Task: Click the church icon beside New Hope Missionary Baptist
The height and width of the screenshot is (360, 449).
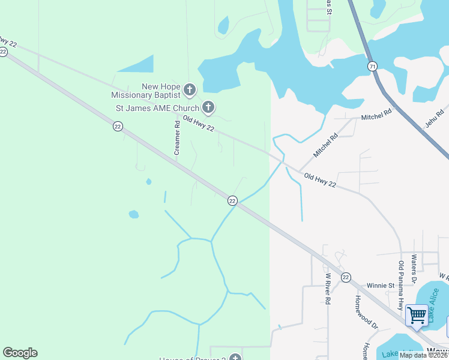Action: click(x=190, y=90)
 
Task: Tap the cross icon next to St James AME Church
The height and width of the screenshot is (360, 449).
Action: click(x=208, y=108)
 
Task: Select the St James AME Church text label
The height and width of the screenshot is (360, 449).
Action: click(x=158, y=109)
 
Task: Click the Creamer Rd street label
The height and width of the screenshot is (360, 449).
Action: click(x=177, y=138)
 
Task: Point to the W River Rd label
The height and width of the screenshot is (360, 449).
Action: click(x=328, y=289)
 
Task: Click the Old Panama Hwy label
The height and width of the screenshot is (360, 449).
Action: click(x=402, y=281)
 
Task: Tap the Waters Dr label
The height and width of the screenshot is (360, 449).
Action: click(x=414, y=268)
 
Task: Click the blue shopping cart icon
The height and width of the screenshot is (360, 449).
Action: click(x=416, y=314)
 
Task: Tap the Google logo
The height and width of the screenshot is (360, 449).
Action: click(x=20, y=352)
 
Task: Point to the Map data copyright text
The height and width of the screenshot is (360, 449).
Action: click(x=423, y=355)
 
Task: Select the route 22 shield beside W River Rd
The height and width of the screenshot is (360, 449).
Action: click(x=346, y=277)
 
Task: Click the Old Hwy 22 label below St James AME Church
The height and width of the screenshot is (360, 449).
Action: click(x=199, y=125)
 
